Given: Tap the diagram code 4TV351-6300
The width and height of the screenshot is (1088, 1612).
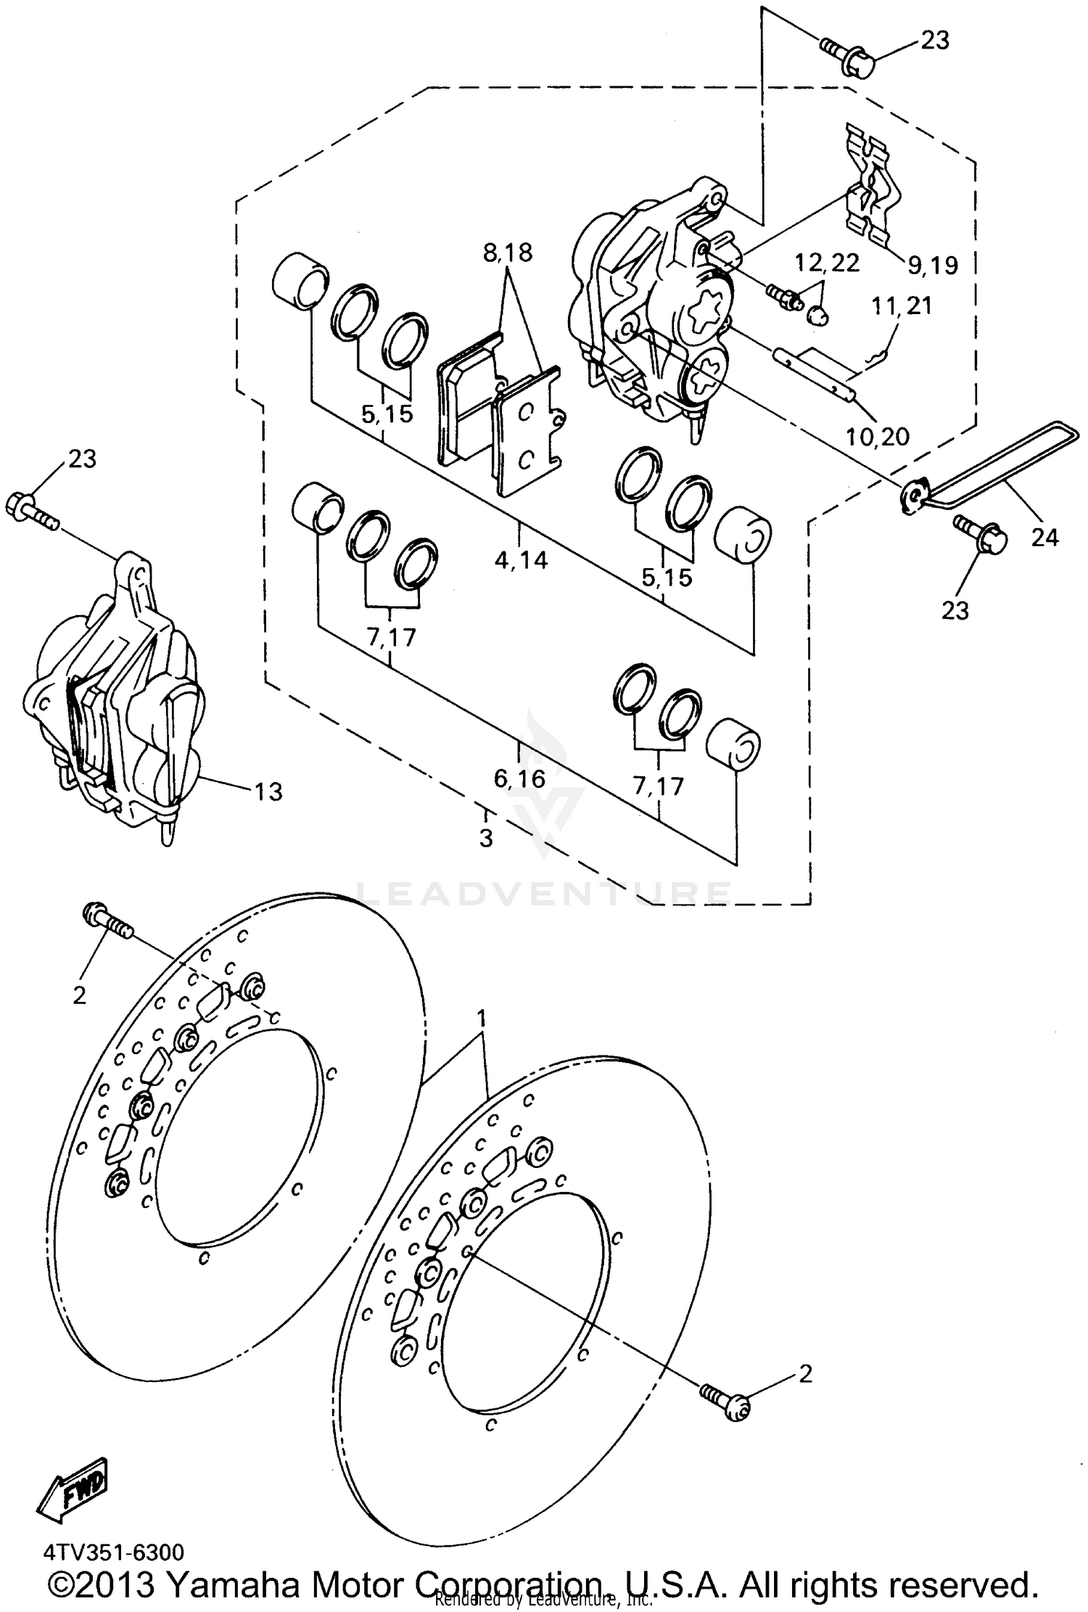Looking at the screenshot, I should tap(113, 1552).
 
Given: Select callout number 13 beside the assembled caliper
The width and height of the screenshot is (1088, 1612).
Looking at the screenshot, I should tap(268, 791).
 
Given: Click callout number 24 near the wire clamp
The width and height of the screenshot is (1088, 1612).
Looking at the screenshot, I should tap(1045, 537).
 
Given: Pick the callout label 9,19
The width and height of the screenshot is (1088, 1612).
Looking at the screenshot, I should tap(932, 266).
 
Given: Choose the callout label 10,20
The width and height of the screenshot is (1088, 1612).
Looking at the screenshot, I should tap(877, 436).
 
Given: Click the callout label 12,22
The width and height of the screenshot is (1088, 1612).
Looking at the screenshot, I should tap(827, 263).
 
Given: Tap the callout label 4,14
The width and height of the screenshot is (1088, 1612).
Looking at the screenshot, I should tap(521, 559).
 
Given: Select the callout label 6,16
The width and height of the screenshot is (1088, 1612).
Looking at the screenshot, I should tap(519, 778).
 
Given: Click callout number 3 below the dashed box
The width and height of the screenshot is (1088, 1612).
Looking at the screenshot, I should tap(486, 838).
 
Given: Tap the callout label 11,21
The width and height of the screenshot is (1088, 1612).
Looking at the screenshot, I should tap(902, 305).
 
